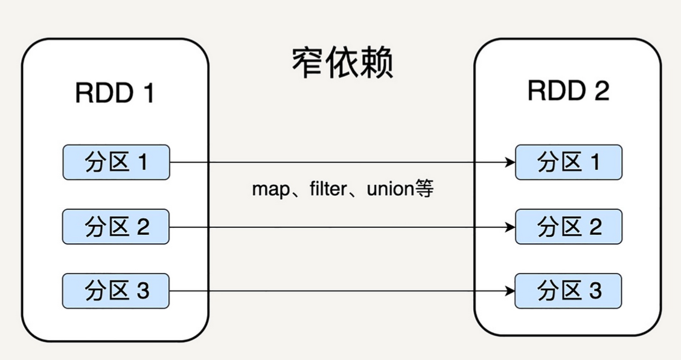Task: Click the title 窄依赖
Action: (342, 63)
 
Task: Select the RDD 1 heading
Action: (115, 94)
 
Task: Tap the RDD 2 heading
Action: (568, 91)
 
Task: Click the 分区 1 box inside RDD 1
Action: (116, 162)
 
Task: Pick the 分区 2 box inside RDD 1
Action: (116, 227)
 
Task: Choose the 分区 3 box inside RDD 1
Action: (116, 291)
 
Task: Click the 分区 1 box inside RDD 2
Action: (568, 162)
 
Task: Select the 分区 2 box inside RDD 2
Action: (568, 227)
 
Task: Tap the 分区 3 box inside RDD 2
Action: (568, 291)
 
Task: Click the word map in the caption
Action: (270, 190)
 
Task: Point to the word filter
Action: (327, 189)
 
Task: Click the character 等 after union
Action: (424, 189)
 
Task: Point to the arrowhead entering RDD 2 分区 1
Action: (510, 162)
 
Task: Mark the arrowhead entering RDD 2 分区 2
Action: (510, 227)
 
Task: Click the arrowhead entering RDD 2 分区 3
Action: (510, 291)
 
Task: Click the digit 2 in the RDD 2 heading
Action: (601, 91)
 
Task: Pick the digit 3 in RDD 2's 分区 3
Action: (595, 291)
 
